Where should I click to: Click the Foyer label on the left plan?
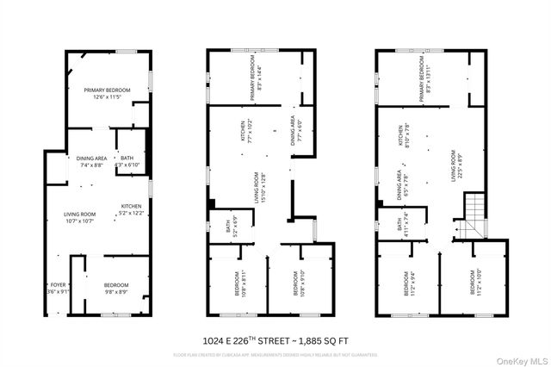[x=59, y=288]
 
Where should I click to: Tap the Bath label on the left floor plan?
[x=127, y=161]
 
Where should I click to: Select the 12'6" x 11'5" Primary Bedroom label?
[x=106, y=93]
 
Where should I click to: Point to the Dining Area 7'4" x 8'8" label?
[x=91, y=161]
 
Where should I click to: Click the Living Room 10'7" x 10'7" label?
[x=78, y=218]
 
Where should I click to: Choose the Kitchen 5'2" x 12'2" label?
[x=131, y=209]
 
